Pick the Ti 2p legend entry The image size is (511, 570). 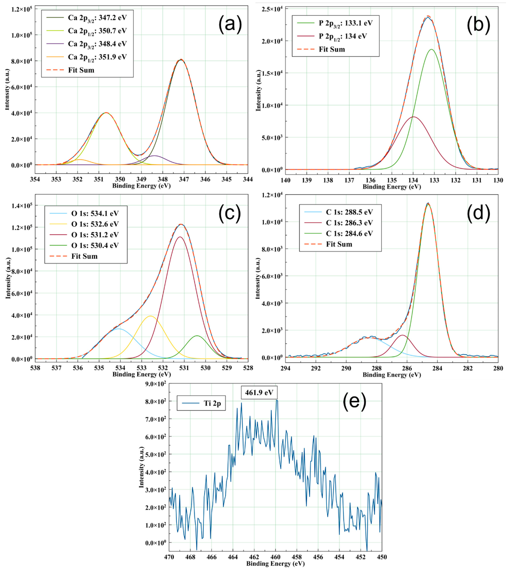tap(212, 404)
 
